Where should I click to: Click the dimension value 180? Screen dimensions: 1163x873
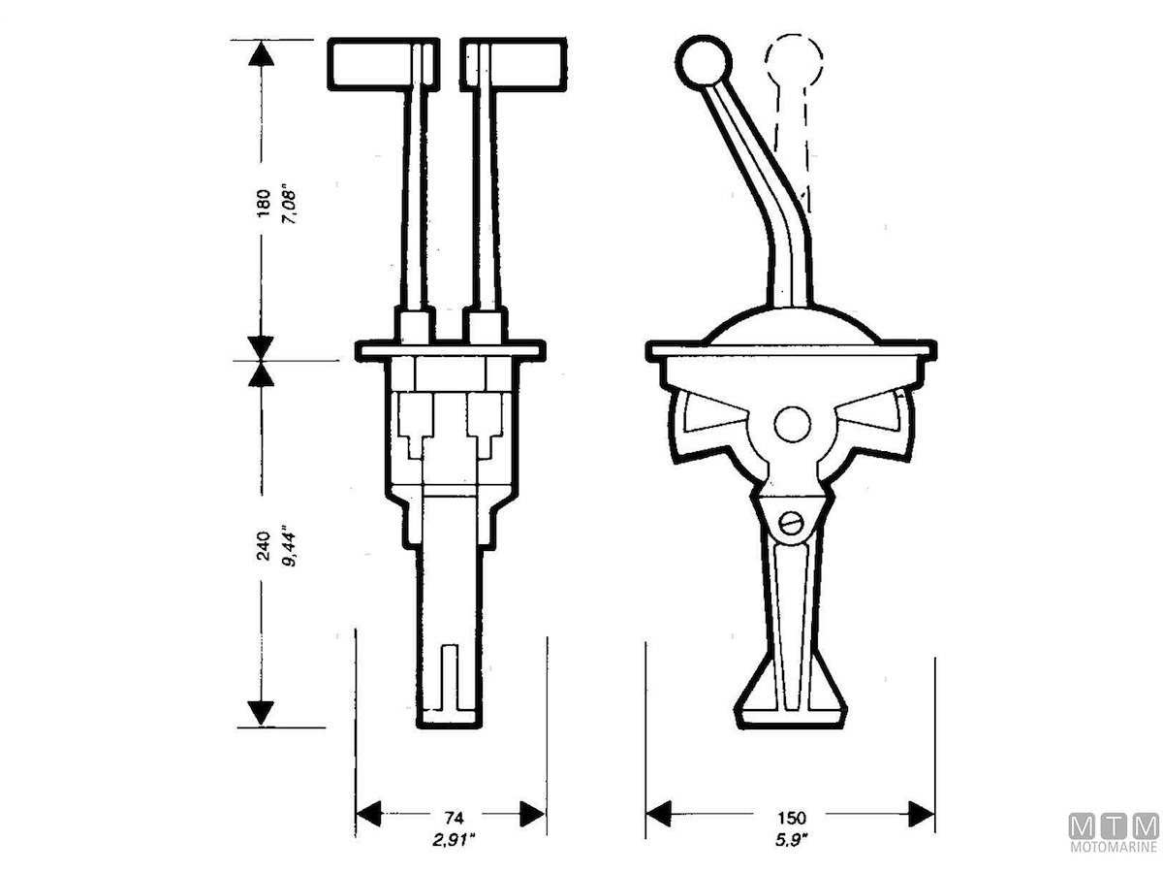point(263,203)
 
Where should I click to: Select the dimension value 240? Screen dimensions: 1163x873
point(263,546)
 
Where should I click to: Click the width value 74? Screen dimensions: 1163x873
point(455,818)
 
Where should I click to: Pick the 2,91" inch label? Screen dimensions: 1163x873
point(454,841)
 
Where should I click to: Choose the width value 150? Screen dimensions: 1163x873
point(792,818)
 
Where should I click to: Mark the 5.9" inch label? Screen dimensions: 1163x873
point(791,841)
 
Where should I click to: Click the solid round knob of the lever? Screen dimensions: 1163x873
point(705,62)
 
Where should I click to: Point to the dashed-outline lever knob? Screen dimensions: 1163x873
point(794,60)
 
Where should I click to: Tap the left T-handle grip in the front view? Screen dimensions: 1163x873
point(384,64)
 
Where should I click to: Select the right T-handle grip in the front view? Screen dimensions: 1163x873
point(514,64)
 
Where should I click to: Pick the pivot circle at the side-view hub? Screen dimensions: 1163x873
point(792,424)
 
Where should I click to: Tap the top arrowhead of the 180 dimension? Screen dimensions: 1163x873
point(262,53)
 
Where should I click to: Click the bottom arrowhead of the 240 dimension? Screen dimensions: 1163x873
point(262,713)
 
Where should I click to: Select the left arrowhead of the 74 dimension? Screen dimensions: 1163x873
point(369,828)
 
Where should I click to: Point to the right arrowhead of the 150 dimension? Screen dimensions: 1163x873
point(922,828)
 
